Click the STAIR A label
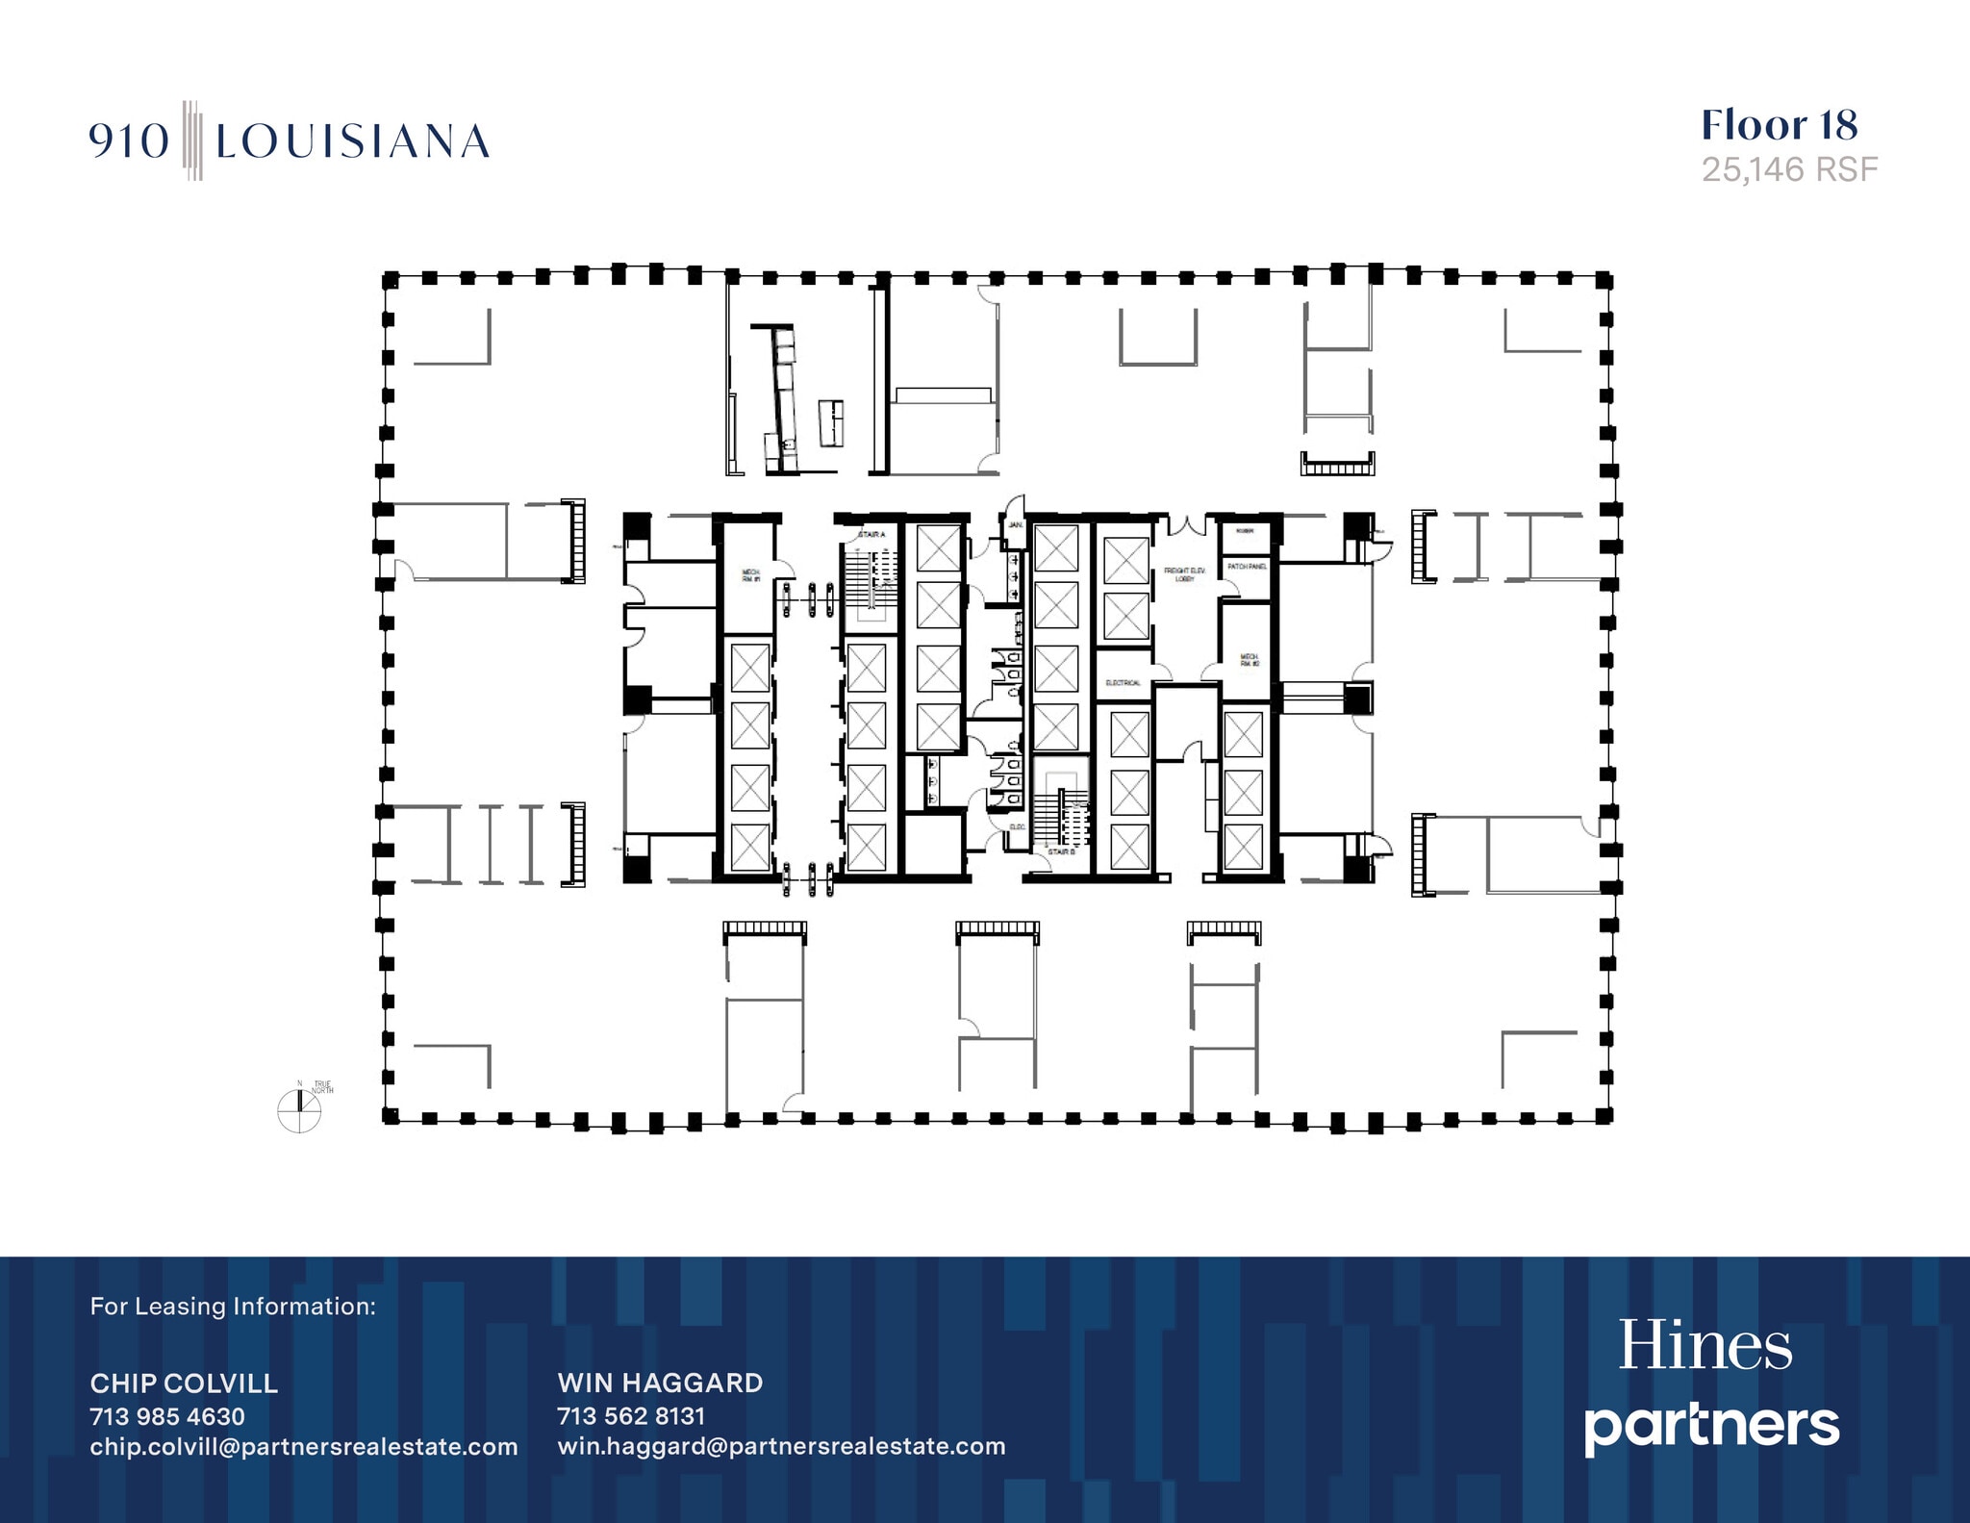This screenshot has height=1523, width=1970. pyautogui.click(x=871, y=534)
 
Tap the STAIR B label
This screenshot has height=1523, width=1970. pyautogui.click(x=1061, y=852)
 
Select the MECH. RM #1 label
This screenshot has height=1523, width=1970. pyautogui.click(x=750, y=575)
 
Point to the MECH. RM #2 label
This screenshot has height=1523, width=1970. pyautogui.click(x=1249, y=660)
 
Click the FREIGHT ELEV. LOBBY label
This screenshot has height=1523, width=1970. pyautogui.click(x=1184, y=574)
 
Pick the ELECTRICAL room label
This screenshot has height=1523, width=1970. pyautogui.click(x=1123, y=683)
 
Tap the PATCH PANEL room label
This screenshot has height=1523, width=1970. pyautogui.click(x=1247, y=567)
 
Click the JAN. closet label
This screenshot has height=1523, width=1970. pyautogui.click(x=1016, y=525)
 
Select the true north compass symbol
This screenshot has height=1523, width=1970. pyautogui.click(x=299, y=1110)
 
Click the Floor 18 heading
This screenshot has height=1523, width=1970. pyautogui.click(x=1779, y=125)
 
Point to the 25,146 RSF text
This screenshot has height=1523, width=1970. pyautogui.click(x=1789, y=170)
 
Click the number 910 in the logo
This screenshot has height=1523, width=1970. pyautogui.click(x=130, y=142)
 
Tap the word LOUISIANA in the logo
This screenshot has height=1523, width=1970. pyautogui.click(x=352, y=142)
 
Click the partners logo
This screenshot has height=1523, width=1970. pyautogui.click(x=1711, y=1426)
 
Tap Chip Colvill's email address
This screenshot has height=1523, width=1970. pyautogui.click(x=304, y=1447)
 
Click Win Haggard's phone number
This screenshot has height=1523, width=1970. pyautogui.click(x=631, y=1416)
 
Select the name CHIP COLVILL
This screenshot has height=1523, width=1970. pyautogui.click(x=184, y=1383)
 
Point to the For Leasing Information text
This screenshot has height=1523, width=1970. pyautogui.click(x=233, y=1307)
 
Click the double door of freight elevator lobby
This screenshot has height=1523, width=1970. pyautogui.click(x=1186, y=524)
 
